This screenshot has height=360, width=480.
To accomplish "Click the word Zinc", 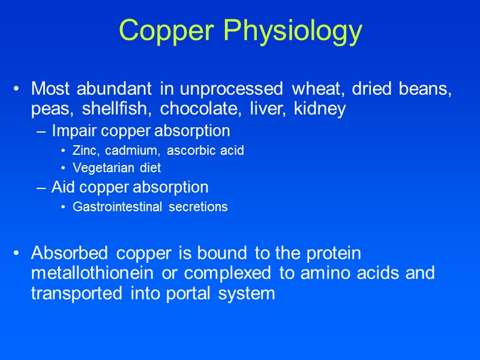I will point(85,151).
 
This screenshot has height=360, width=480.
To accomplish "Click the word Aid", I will point(61,187).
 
